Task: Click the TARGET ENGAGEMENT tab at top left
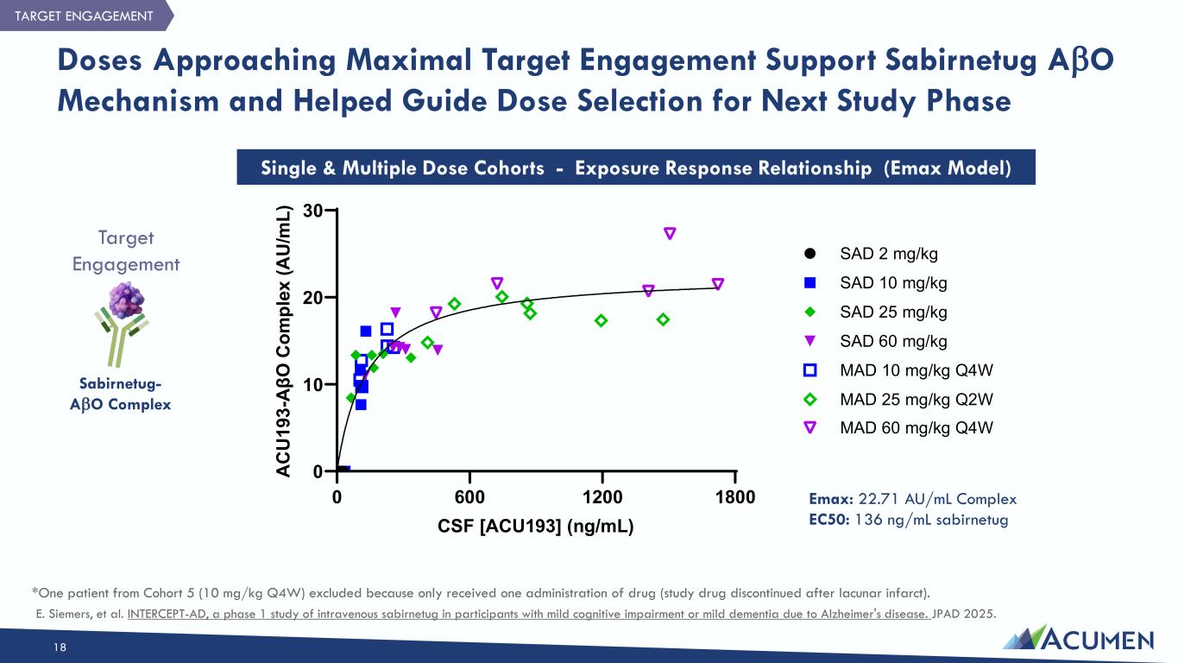pyautogui.click(x=84, y=16)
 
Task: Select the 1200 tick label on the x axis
pyautogui.click(x=602, y=497)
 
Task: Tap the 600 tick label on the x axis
pyautogui.click(x=469, y=497)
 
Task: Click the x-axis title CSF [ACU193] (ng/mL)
pyautogui.click(x=536, y=526)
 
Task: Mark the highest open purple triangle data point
pyautogui.click(x=670, y=233)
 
